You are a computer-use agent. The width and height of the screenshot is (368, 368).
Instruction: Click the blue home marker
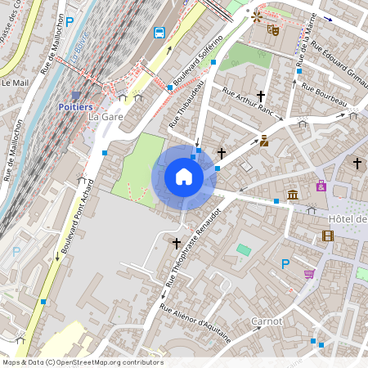tap(184, 177)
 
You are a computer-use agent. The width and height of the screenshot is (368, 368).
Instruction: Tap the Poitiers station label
tap(76, 107)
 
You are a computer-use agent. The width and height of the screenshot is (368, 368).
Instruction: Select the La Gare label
tap(101, 117)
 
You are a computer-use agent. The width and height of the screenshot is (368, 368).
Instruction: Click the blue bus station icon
tap(159, 34)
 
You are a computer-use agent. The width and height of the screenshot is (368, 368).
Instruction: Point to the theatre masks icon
tap(274, 30)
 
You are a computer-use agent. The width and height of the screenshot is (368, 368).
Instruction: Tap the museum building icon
tap(293, 194)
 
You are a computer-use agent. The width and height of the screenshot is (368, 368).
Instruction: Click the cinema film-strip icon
tap(328, 236)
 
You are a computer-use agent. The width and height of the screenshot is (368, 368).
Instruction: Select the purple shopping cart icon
tap(309, 273)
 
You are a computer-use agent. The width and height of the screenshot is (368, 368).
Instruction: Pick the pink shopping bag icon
tap(321, 186)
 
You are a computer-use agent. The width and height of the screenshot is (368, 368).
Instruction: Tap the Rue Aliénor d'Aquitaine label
tap(196, 324)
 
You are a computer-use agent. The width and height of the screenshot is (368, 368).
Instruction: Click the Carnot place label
tap(267, 321)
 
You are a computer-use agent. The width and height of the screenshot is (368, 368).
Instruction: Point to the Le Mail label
tap(15, 83)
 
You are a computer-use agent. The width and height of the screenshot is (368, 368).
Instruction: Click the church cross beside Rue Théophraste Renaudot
tap(176, 243)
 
